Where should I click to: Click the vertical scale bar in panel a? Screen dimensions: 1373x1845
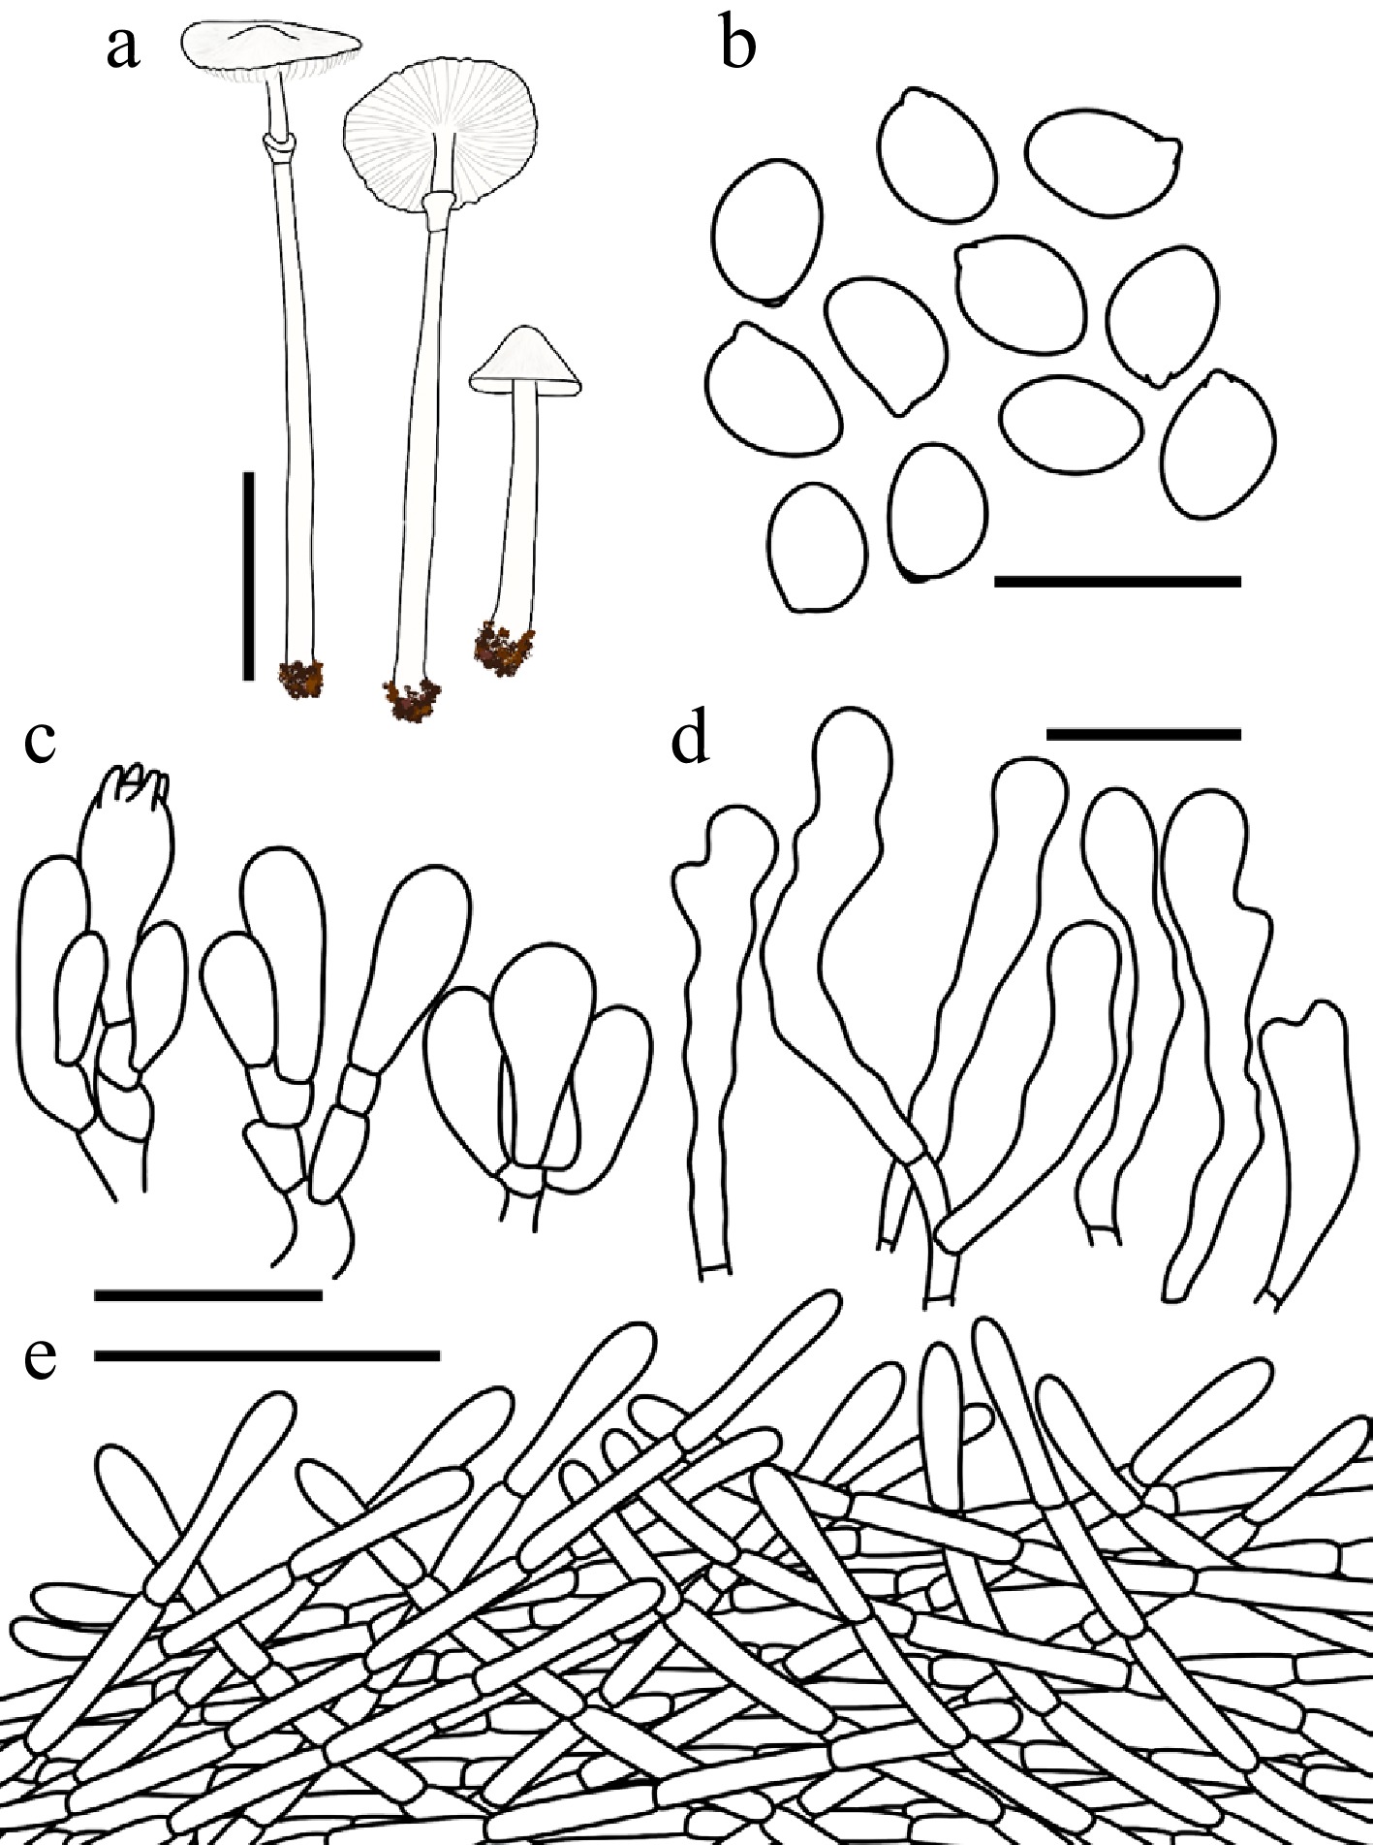[249, 576]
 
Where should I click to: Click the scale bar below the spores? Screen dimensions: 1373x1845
[1117, 581]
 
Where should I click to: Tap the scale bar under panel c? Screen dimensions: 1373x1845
[208, 1293]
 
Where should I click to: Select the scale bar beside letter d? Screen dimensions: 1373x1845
[1144, 734]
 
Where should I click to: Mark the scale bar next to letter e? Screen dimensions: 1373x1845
[267, 1355]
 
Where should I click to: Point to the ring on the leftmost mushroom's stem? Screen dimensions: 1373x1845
[279, 147]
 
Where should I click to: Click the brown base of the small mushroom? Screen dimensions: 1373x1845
[504, 645]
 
